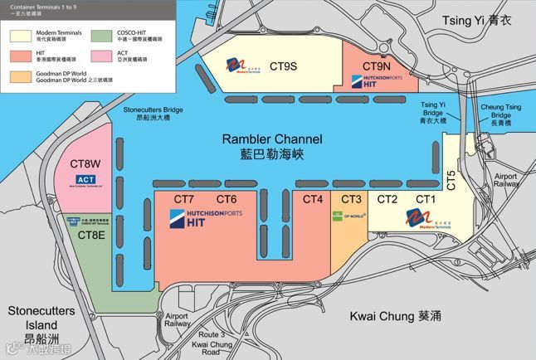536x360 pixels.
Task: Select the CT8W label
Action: pyautogui.click(x=85, y=163)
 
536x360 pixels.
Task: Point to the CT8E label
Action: pyautogui.click(x=91, y=235)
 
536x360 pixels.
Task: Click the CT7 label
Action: pyautogui.click(x=183, y=199)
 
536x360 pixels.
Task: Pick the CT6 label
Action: pyautogui.click(x=227, y=199)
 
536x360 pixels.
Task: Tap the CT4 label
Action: pyautogui.click(x=312, y=199)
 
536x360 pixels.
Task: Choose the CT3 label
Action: pyautogui.click(x=351, y=199)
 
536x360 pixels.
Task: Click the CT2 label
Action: pyautogui.click(x=387, y=199)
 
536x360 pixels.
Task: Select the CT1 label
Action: pyautogui.click(x=426, y=199)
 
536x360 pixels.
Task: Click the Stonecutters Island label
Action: pyautogui.click(x=41, y=318)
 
